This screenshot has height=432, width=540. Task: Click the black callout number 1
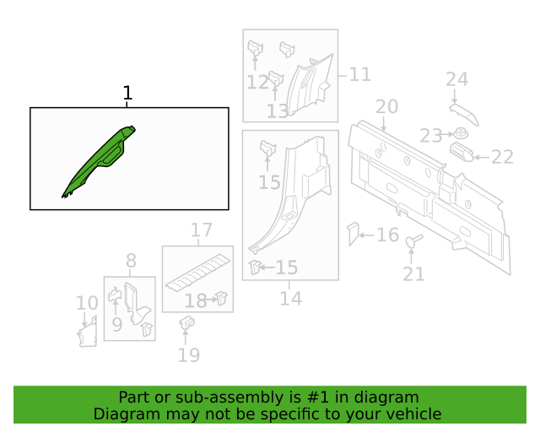click(127, 93)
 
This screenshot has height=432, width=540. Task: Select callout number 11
click(360, 75)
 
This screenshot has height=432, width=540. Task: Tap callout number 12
click(257, 83)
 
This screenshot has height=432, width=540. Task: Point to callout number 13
click(278, 111)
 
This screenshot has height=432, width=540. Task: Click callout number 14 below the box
click(291, 299)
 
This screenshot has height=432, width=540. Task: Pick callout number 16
click(388, 235)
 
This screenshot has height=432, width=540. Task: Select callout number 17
click(202, 229)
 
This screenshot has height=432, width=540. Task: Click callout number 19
click(189, 355)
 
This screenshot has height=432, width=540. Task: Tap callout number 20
click(386, 107)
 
